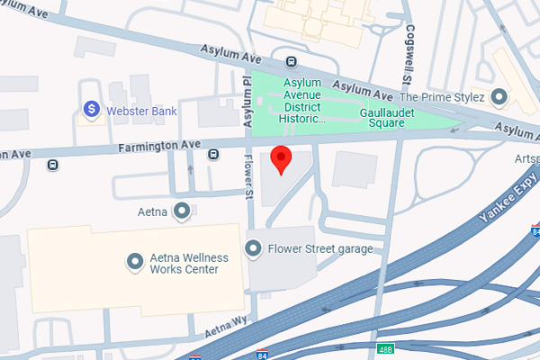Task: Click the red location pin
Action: click(282, 159)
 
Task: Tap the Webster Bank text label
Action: click(141, 111)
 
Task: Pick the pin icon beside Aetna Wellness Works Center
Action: click(135, 262)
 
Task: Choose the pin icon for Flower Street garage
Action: click(254, 247)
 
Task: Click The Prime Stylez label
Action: click(442, 96)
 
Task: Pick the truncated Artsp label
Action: click(526, 159)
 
